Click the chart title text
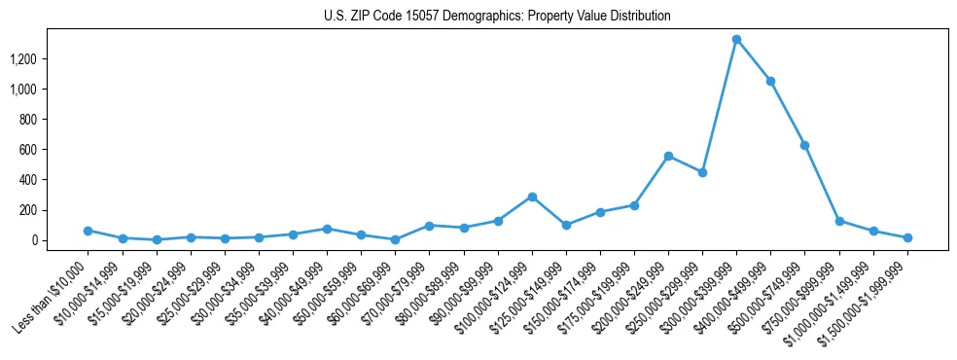[497, 17]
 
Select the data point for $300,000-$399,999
[737, 40]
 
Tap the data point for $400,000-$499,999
[771, 82]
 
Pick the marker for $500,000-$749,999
[805, 145]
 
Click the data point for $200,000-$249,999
[668, 156]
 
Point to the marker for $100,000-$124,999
[532, 197]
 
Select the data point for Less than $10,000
[88, 231]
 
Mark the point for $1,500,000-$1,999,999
[907, 237]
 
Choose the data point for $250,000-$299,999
[702, 172]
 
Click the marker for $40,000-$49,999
[327, 229]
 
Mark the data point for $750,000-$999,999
[839, 221]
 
